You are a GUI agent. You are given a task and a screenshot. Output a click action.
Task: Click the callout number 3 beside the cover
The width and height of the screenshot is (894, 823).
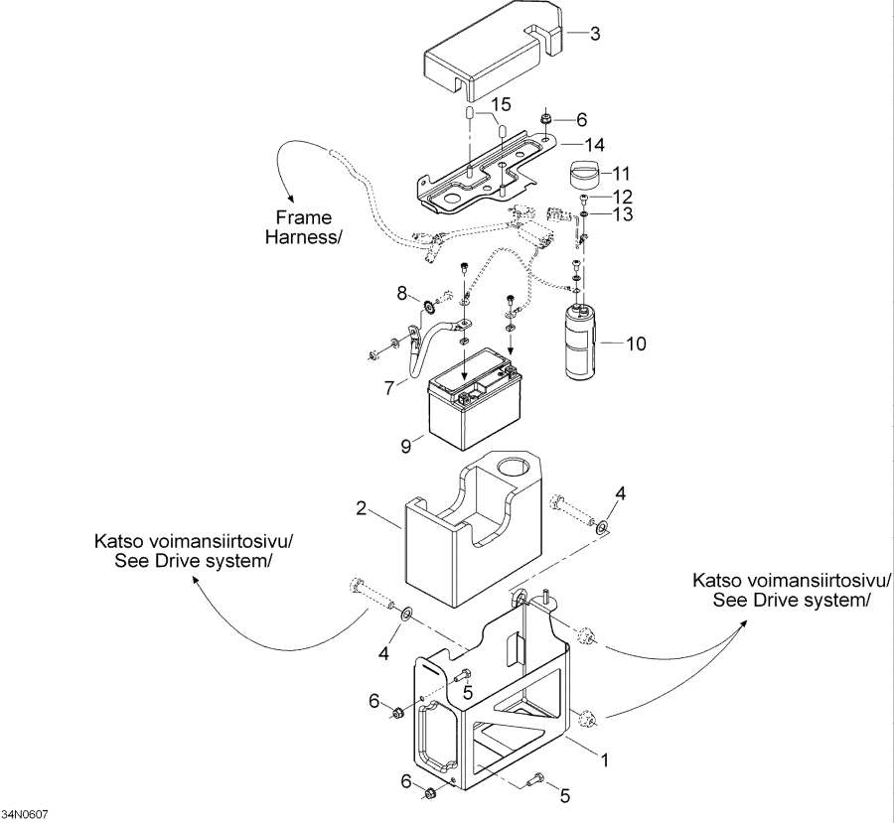tap(595, 34)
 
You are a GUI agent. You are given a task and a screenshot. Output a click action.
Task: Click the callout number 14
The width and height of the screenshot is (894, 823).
tap(595, 144)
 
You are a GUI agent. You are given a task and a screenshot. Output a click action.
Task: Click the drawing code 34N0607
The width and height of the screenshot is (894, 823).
tap(25, 814)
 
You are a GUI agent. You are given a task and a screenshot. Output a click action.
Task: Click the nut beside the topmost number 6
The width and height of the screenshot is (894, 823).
tap(546, 120)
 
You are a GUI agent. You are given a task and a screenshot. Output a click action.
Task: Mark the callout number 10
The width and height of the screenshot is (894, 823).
tap(636, 344)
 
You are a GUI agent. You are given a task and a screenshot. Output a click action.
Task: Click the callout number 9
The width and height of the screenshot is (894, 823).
tap(406, 447)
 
